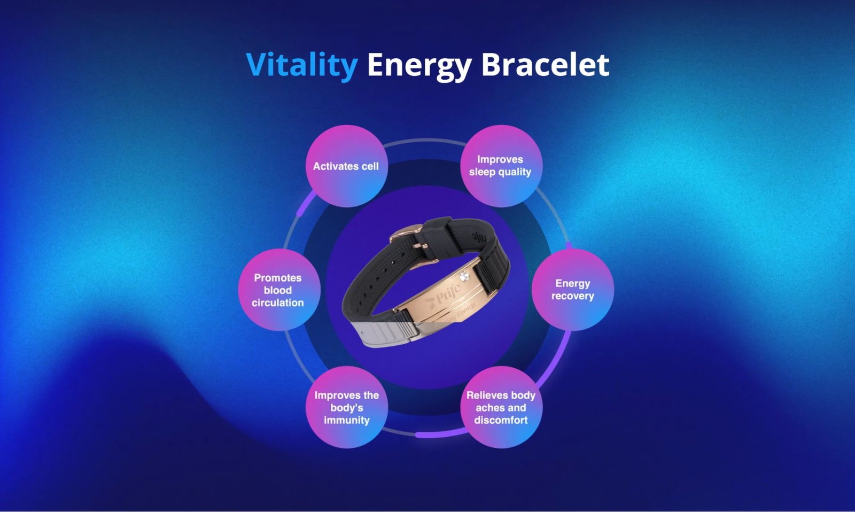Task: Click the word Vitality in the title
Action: tap(301, 66)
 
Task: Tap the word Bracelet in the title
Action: tap(545, 64)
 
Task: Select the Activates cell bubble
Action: tap(347, 166)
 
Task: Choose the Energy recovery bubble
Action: tap(572, 290)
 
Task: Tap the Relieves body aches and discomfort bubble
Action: tap(501, 407)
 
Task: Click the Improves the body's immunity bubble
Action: tap(347, 407)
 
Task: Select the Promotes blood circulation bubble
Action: tap(279, 290)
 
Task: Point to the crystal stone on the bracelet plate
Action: tap(464, 276)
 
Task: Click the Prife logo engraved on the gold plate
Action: tap(443, 296)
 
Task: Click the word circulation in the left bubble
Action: tap(278, 303)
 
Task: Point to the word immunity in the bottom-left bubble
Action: tap(347, 421)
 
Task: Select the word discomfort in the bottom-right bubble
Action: tap(501, 420)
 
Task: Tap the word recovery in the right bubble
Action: tap(572, 296)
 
